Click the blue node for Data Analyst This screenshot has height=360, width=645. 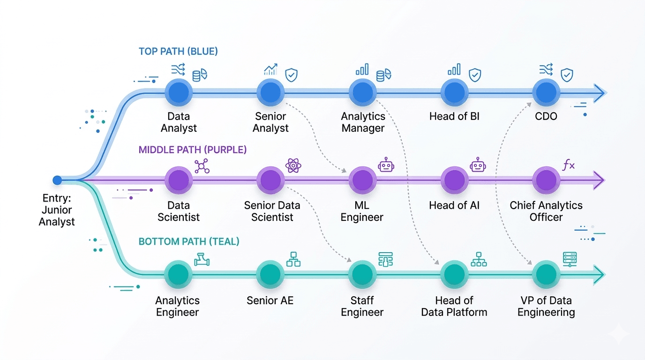[x=179, y=92]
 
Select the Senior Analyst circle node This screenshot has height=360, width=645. [x=270, y=92]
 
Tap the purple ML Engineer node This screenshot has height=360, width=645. [x=362, y=180]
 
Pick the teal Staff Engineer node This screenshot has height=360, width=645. [x=362, y=275]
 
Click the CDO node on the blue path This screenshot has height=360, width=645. [x=546, y=92]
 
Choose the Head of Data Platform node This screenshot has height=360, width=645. [x=454, y=275]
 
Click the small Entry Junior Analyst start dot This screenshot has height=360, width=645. [x=57, y=180]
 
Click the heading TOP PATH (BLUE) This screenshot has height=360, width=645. [x=178, y=52]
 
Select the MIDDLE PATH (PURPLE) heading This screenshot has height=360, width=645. [x=192, y=150]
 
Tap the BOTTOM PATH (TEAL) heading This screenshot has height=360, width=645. [x=189, y=241]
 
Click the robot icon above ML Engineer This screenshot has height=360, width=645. [x=386, y=165]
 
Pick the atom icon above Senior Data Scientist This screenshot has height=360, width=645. [x=293, y=165]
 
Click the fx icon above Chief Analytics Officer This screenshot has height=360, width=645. [x=569, y=165]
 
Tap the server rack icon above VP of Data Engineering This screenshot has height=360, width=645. [x=570, y=259]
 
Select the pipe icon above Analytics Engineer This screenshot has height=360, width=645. [x=202, y=259]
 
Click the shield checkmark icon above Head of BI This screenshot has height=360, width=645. [x=475, y=75]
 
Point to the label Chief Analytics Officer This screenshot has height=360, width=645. [x=546, y=211]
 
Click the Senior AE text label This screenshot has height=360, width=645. [x=270, y=300]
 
